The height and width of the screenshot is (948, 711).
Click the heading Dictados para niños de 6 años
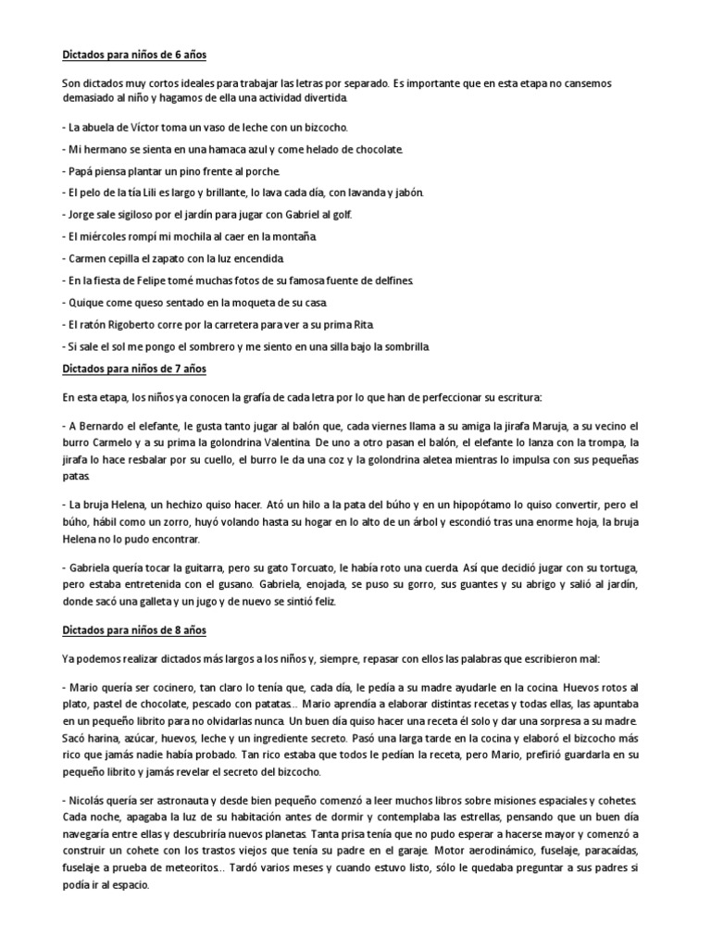[139, 56]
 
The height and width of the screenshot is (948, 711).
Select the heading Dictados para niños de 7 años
[139, 369]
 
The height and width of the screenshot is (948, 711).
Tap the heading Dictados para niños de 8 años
[139, 630]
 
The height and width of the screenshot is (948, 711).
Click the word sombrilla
[402, 347]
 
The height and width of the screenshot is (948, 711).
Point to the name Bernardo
[106, 426]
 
